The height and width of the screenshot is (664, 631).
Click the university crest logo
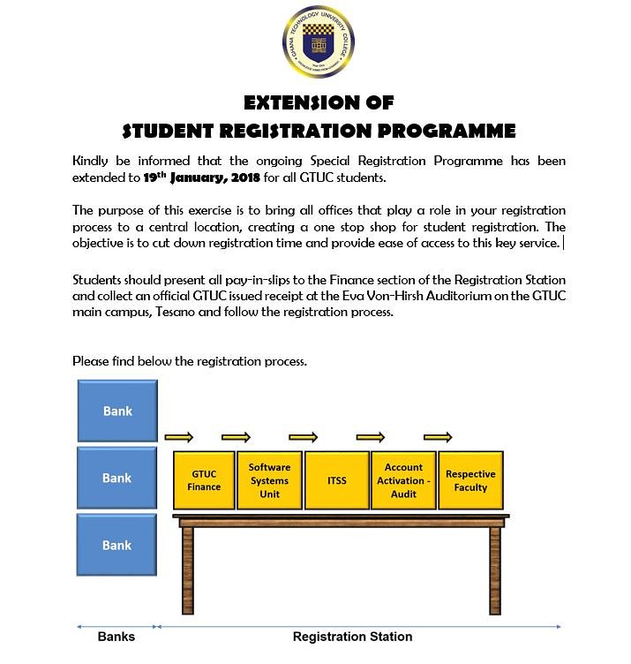point(317,42)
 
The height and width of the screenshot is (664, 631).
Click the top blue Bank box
point(117,411)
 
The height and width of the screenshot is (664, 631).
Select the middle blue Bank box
point(117,478)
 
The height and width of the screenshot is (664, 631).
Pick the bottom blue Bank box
point(117,545)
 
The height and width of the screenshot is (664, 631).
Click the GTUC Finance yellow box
point(204,480)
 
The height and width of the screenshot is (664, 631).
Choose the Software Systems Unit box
point(269,480)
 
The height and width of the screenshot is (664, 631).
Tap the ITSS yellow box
point(336,480)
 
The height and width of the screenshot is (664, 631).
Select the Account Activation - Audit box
point(404,480)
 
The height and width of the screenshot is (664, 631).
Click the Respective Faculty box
point(470,480)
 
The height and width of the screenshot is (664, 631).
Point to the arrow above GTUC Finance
point(179,437)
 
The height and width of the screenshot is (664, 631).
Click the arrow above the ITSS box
point(303,437)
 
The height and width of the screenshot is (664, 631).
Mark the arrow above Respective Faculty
point(438,437)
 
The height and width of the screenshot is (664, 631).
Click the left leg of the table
point(186,570)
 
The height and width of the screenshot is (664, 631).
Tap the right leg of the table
point(495,570)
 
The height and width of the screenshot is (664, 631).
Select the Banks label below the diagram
point(116,637)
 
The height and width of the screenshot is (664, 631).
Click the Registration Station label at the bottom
point(352,637)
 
